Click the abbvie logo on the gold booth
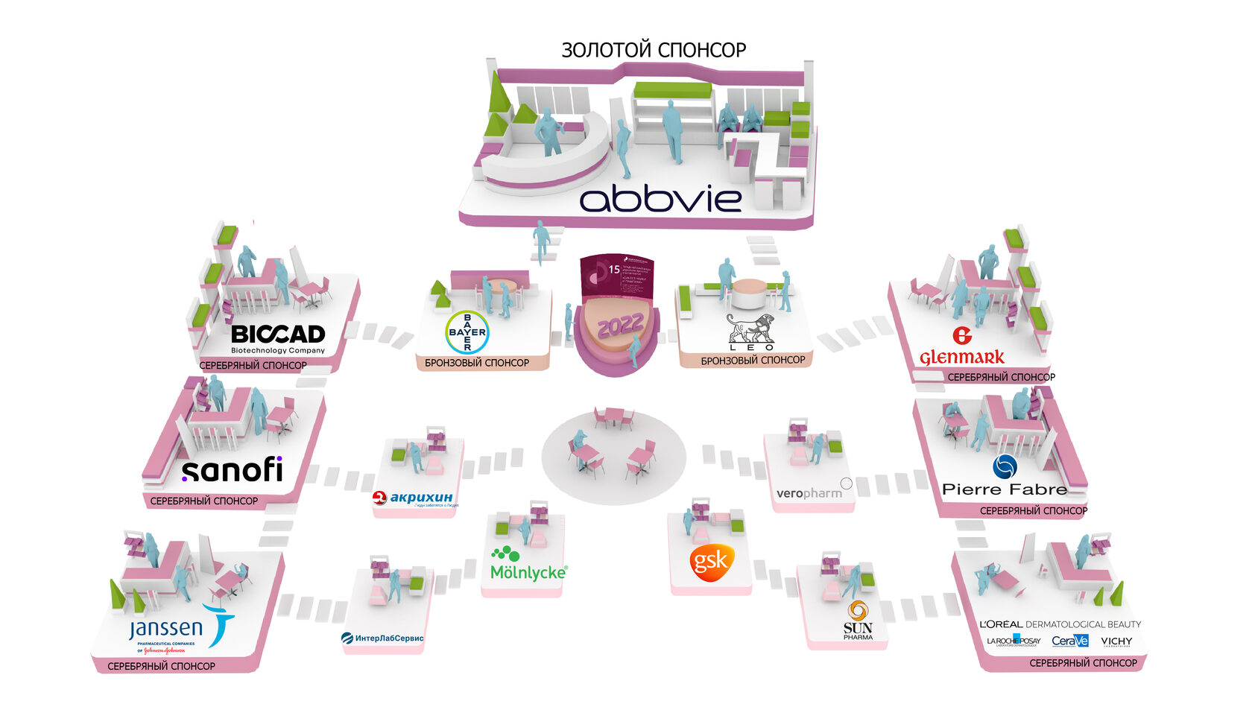coord(660,199)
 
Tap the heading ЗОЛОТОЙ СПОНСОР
coord(654,50)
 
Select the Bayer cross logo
coord(467,332)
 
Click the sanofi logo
coord(233,470)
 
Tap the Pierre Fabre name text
coord(1004,489)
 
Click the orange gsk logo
coord(711,562)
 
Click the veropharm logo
coord(809,493)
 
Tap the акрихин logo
coord(414,498)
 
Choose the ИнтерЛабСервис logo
coord(382,638)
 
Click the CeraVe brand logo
coord(1070,641)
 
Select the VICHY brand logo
coord(1116,641)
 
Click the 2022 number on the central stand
coord(619,326)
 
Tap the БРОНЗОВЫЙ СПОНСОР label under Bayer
coord(477,363)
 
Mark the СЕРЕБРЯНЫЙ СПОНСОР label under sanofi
coord(204,501)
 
